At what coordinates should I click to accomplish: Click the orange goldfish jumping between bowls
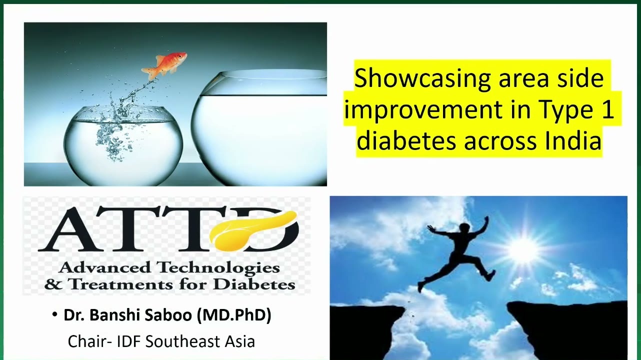(164, 65)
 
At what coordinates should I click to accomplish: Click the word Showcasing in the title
(422, 78)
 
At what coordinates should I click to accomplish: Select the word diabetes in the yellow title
(406, 140)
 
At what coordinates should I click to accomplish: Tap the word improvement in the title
(423, 110)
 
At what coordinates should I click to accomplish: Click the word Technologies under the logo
(218, 268)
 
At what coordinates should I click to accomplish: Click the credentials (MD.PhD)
(234, 315)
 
